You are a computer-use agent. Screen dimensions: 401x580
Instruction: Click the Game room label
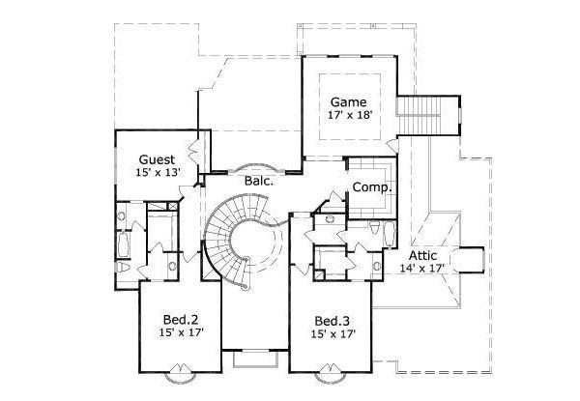click(x=347, y=100)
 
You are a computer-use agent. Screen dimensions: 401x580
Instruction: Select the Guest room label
click(x=157, y=158)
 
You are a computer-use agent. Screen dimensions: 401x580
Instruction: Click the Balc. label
click(x=258, y=180)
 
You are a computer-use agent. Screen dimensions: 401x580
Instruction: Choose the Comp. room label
click(x=369, y=186)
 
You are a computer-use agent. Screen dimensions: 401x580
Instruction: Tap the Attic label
click(x=425, y=255)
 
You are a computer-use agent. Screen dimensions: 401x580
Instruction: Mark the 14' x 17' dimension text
click(x=425, y=269)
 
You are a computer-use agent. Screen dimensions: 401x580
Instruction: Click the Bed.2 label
click(x=181, y=320)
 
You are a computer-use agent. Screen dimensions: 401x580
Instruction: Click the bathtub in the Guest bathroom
click(x=124, y=246)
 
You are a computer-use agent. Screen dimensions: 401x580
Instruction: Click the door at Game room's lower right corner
click(x=390, y=145)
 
